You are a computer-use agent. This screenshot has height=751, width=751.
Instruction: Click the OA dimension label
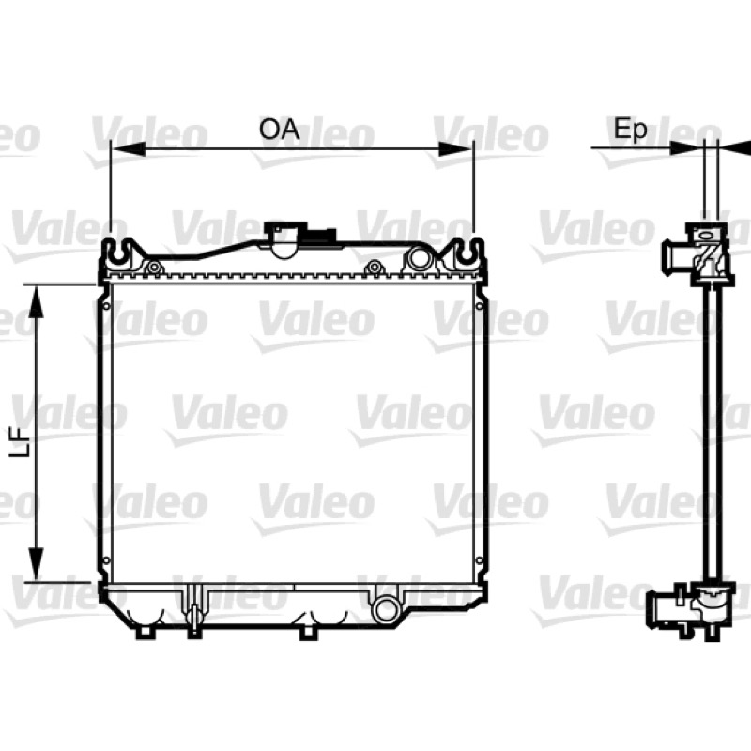[279, 130]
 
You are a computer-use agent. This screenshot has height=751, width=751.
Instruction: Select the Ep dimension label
[630, 130]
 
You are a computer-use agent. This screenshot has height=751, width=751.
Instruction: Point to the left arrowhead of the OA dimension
[128, 149]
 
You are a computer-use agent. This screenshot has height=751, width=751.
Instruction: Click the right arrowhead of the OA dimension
[456, 149]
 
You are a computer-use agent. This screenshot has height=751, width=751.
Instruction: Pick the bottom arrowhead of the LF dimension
[36, 565]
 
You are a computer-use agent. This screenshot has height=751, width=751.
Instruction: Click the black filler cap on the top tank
[318, 236]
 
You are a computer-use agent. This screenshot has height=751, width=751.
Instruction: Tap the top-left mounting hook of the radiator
[118, 253]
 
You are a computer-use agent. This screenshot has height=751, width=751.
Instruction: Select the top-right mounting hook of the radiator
[465, 253]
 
